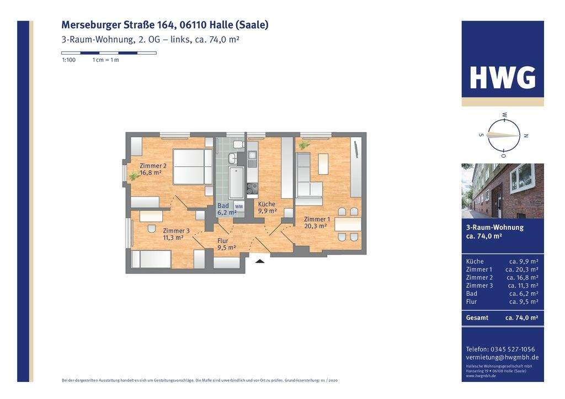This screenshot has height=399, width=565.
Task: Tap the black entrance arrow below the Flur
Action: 259,261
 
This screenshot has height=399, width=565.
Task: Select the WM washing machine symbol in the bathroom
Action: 239,207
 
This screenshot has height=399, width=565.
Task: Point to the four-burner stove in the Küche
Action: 252,189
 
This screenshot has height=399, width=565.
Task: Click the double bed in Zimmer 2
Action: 193,166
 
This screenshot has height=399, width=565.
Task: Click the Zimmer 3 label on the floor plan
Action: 176,234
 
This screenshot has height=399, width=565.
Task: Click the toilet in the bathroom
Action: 238,144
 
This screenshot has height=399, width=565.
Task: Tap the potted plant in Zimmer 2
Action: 134,176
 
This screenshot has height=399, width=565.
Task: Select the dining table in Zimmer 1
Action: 348,224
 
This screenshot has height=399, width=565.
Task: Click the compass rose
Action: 503,135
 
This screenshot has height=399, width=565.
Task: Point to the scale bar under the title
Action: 109,53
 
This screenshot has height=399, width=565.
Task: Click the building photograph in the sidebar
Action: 503,191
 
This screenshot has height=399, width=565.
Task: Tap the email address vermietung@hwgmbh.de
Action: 502,357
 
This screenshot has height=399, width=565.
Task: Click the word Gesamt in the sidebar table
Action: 477,317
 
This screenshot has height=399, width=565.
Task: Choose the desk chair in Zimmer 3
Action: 152,229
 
